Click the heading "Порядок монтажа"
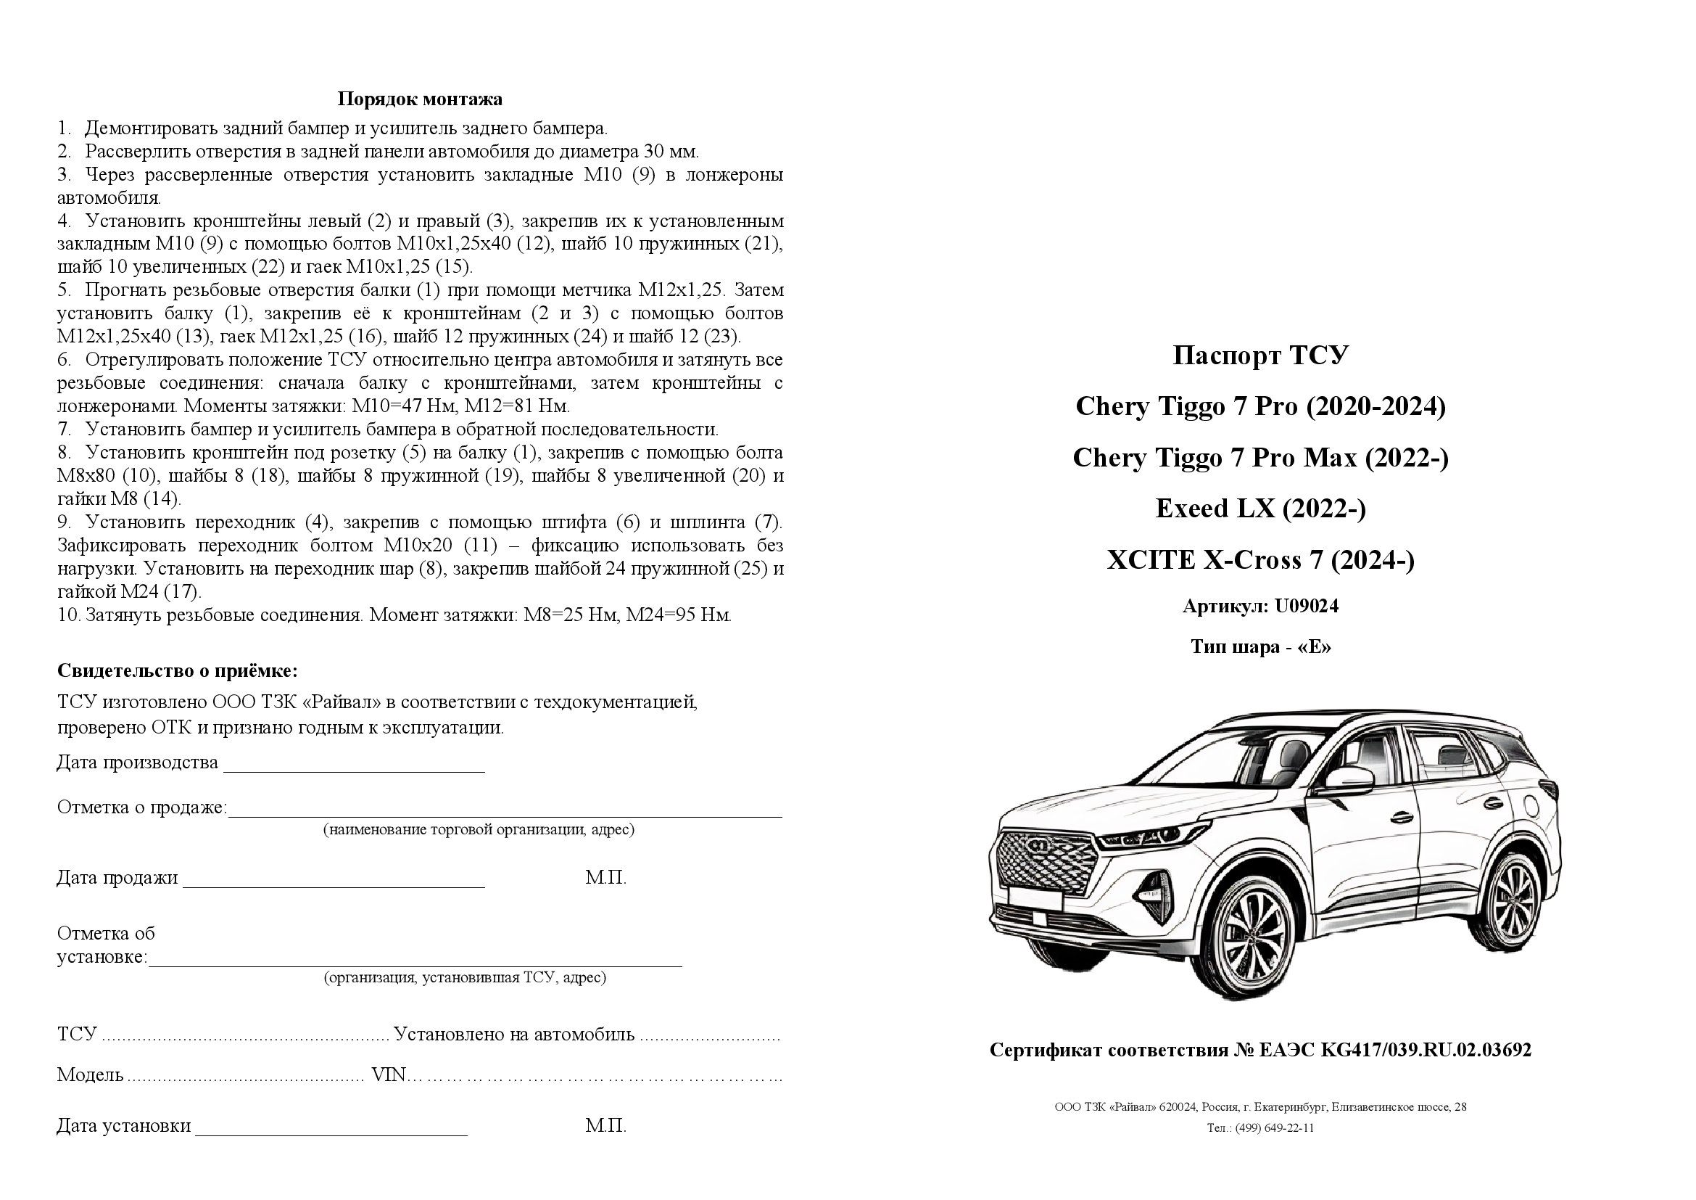420,99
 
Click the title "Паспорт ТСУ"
1260,356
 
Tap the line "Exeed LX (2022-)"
1260,509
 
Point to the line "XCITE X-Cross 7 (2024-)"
1260,560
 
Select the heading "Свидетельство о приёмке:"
177,671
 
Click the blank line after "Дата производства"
354,768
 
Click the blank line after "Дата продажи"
333,884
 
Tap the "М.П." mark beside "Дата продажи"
605,878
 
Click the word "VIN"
389,1074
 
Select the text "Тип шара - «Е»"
1260,646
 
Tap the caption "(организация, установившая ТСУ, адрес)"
465,977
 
